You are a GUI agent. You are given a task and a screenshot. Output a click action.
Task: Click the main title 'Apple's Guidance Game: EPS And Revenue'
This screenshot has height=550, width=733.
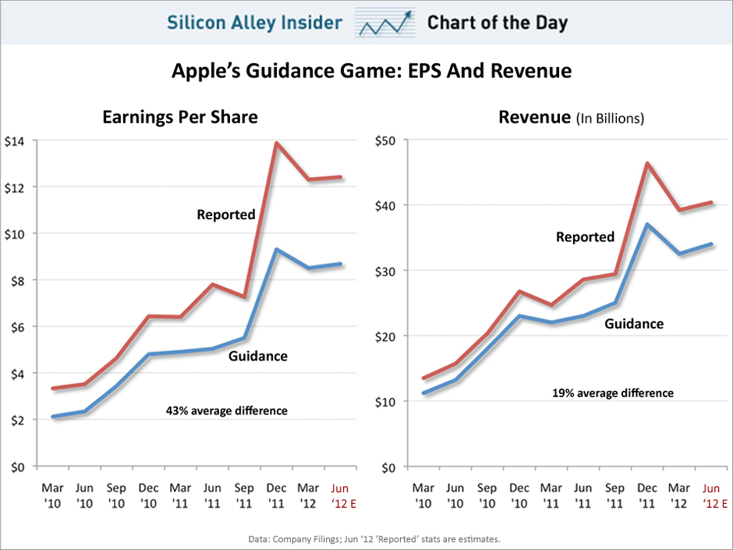point(371,72)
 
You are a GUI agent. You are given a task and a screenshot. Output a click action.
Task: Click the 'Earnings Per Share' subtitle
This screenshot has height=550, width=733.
point(180,117)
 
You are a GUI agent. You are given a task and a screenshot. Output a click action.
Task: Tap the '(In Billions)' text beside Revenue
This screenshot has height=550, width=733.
point(610,119)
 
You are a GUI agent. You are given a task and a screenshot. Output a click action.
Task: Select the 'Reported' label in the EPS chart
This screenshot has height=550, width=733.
point(226,215)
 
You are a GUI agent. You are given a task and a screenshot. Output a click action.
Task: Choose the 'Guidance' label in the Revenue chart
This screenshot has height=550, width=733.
point(634,323)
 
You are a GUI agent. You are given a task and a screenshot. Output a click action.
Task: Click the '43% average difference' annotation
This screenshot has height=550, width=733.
point(226,410)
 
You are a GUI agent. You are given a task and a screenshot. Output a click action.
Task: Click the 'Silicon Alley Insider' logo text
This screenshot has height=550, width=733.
point(254,22)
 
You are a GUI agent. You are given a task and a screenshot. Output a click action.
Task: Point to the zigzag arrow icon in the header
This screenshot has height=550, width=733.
point(384,23)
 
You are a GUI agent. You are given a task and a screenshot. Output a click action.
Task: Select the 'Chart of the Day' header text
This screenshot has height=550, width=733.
point(497,22)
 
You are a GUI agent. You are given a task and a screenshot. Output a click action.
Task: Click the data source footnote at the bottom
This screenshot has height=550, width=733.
point(366,539)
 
